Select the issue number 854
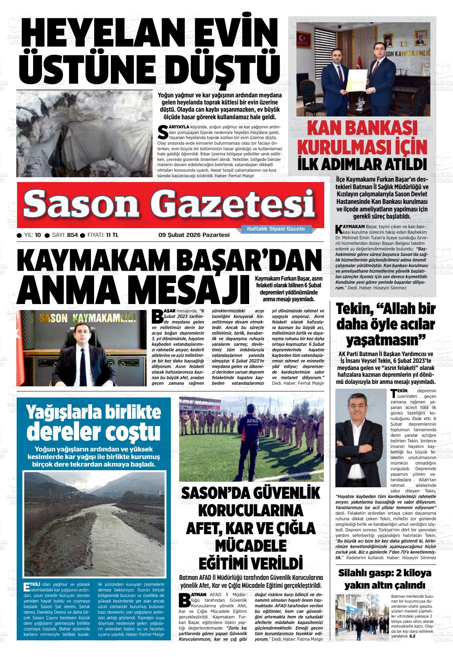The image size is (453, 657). (72, 235)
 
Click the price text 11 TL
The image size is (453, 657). (112, 235)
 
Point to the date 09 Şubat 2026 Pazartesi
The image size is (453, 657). (194, 235)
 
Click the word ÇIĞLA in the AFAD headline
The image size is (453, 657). (292, 528)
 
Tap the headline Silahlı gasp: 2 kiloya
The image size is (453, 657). (384, 574)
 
